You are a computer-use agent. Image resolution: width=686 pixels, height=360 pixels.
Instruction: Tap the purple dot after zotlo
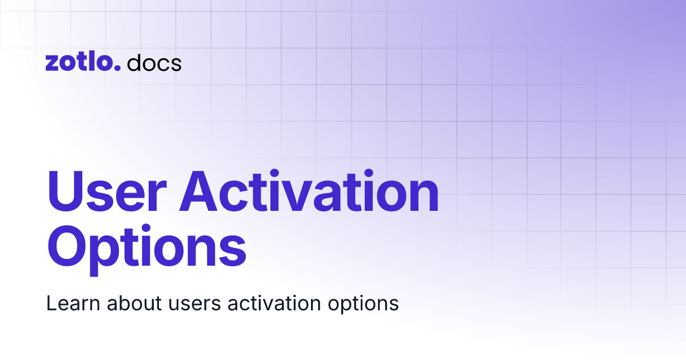[118, 68]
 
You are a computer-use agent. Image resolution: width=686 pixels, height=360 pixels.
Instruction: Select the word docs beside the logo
[154, 63]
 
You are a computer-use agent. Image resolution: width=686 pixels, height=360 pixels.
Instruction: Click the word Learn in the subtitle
[67, 303]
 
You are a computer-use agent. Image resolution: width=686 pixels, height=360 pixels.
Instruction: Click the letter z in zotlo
[52, 64]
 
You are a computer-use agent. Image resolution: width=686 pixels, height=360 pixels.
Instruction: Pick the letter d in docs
[133, 63]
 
